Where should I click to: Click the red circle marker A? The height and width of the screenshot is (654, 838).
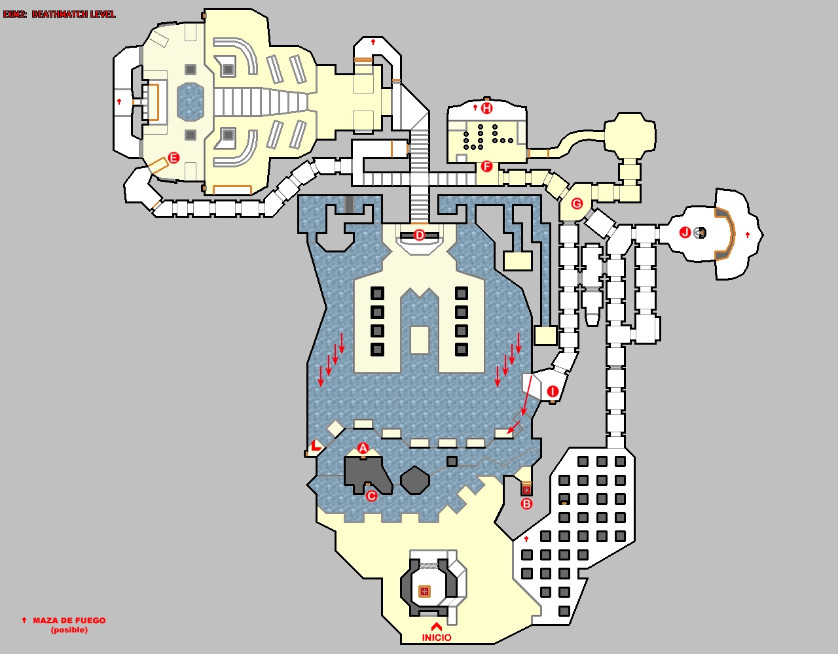click(363, 448)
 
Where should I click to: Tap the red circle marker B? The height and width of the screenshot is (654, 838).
click(526, 504)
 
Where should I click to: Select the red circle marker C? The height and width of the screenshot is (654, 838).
click(371, 496)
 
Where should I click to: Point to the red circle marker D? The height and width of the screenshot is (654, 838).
click(419, 235)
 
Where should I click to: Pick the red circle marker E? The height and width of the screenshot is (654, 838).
click(173, 158)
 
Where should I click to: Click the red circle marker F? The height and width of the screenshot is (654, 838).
click(486, 166)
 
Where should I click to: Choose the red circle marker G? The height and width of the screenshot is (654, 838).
click(577, 203)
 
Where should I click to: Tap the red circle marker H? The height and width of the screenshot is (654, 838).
click(486, 108)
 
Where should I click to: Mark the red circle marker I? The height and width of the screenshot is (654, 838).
click(553, 392)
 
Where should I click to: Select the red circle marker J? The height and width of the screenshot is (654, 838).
click(685, 232)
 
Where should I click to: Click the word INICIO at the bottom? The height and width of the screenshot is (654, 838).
click(437, 638)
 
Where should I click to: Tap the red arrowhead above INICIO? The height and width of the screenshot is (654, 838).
click(437, 627)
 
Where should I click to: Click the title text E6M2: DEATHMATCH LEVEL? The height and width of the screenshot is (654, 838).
click(60, 14)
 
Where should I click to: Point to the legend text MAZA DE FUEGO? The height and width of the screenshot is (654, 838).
click(69, 621)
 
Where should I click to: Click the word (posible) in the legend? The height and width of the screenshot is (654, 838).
click(69, 630)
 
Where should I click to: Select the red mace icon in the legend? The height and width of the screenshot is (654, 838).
click(24, 620)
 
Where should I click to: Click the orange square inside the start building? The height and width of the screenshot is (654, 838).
click(424, 591)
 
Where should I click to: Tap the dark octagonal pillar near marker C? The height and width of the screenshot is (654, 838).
click(414, 481)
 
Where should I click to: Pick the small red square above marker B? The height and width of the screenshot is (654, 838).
click(526, 489)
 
